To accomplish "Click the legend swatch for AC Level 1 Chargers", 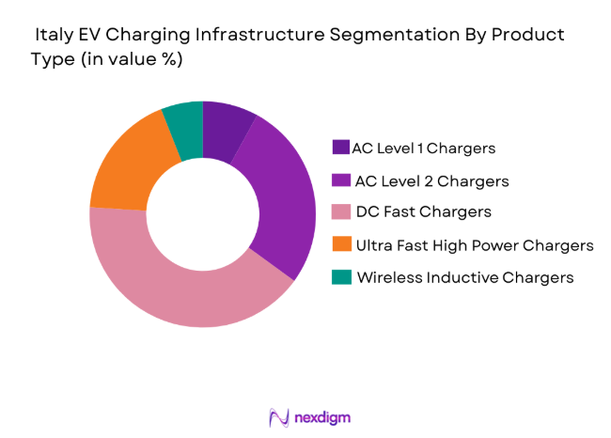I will (x=339, y=148).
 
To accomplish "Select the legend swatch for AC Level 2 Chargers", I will (x=339, y=180).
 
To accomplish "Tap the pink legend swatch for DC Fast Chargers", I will (x=339, y=212).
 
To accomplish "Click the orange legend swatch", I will (x=339, y=245).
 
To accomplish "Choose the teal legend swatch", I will (x=339, y=277).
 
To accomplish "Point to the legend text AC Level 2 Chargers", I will (x=432, y=180).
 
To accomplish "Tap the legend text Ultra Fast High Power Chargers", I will (x=474, y=245).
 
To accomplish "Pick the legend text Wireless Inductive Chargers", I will (x=464, y=277).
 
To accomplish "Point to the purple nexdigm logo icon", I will (x=277, y=415).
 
